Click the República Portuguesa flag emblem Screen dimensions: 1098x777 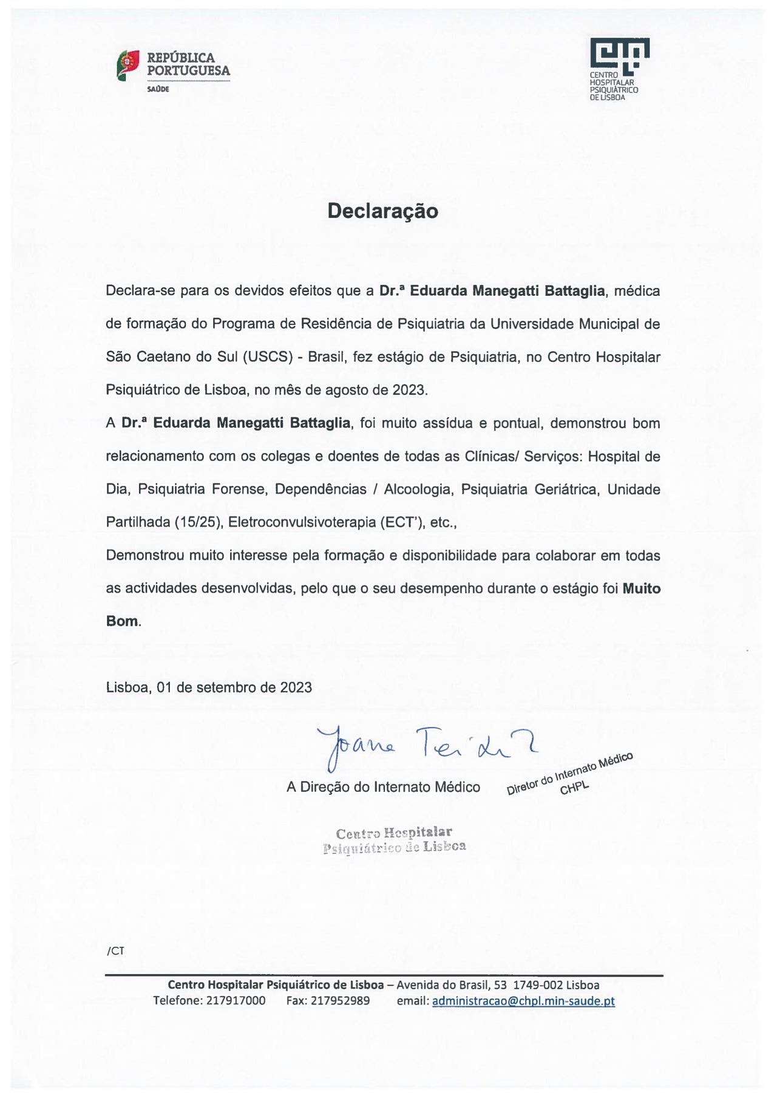point(128,66)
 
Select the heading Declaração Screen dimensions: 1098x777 point(382,211)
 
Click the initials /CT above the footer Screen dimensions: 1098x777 point(115,950)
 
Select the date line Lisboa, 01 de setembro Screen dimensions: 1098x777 point(209,687)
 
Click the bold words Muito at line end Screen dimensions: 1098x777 point(641,588)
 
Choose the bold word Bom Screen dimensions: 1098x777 point(122,621)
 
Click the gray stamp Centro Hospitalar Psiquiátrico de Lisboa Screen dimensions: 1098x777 point(395,840)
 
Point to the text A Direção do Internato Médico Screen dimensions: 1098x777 point(383,787)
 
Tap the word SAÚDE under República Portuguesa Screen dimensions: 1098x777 point(158,89)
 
